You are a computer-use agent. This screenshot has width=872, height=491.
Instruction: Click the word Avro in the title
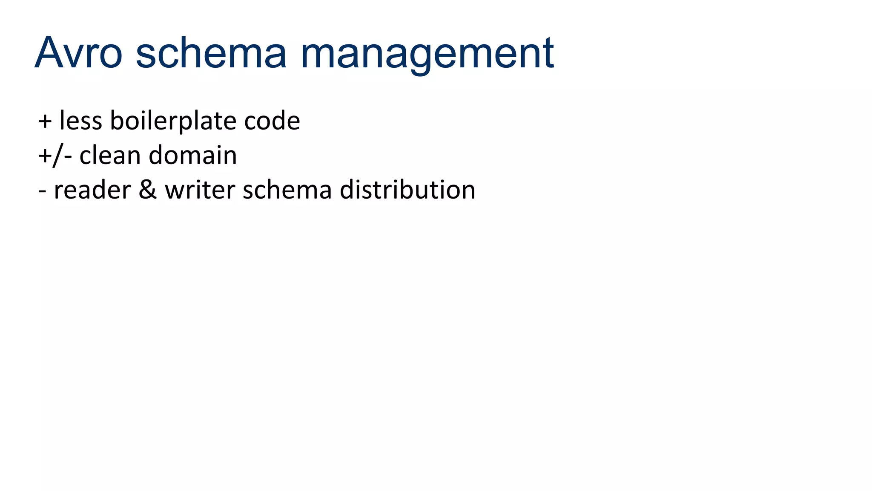[79, 53]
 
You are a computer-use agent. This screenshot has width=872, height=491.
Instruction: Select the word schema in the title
[211, 53]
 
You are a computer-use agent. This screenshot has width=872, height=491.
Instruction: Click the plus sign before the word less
[45, 121]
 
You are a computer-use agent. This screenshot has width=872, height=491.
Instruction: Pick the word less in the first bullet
[81, 121]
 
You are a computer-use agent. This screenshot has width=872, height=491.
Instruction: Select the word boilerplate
[173, 121]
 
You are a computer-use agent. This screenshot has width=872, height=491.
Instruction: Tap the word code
[272, 121]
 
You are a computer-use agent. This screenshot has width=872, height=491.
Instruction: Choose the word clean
[110, 156]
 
